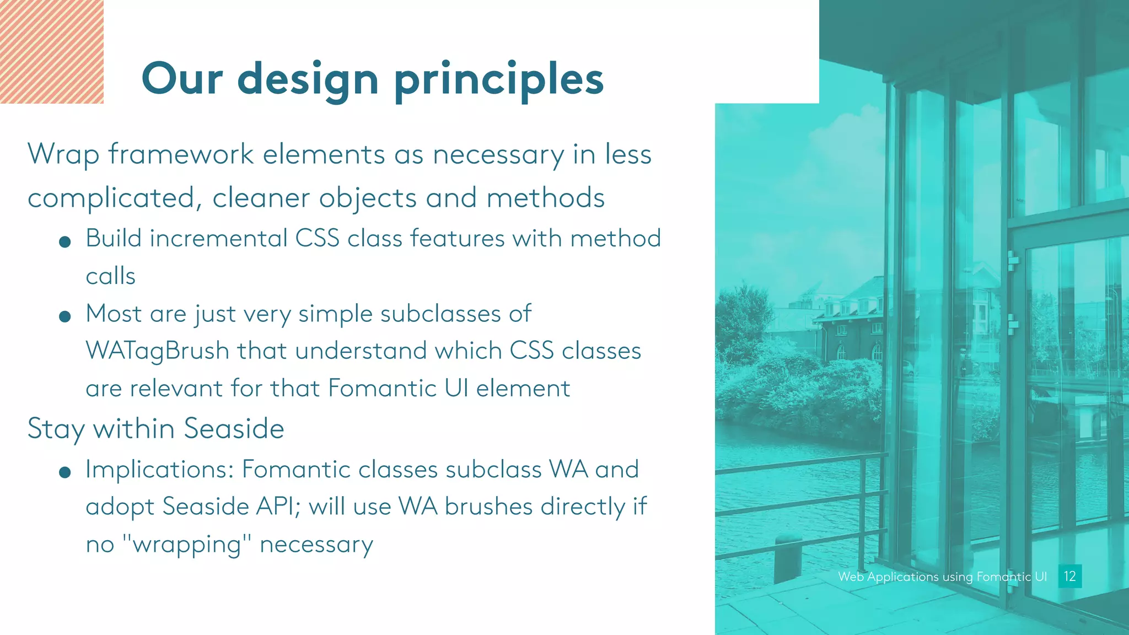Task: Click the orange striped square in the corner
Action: (x=51, y=51)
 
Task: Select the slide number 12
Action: (x=1069, y=576)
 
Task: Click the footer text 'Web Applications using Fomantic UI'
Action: (x=942, y=577)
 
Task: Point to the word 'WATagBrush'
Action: (x=157, y=351)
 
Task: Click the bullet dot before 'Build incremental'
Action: (x=64, y=241)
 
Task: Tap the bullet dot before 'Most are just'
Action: (x=64, y=316)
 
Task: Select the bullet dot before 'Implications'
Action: (x=64, y=472)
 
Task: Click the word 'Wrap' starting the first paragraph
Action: (x=63, y=154)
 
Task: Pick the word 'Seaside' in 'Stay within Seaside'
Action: (x=234, y=428)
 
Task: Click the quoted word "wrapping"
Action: (x=187, y=544)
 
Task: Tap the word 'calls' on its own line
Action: (x=110, y=276)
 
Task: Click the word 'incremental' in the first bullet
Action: (x=218, y=239)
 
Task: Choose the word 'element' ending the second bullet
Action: (x=523, y=388)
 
